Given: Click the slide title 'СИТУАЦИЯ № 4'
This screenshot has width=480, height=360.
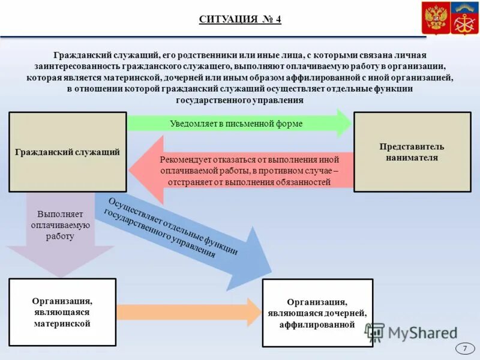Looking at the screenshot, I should click(x=240, y=19).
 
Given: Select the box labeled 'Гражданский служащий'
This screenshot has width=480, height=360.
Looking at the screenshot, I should click(x=67, y=152).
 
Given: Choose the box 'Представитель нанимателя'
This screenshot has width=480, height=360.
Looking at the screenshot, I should click(x=412, y=152).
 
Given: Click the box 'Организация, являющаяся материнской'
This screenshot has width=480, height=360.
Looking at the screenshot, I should click(x=62, y=312).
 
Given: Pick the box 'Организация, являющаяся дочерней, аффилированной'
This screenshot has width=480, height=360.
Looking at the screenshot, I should click(x=317, y=313).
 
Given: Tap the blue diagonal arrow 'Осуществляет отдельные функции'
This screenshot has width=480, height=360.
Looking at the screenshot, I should click(x=180, y=237).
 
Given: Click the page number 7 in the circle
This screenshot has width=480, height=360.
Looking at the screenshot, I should click(x=464, y=349).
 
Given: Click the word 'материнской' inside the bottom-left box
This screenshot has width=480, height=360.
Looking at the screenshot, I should click(x=62, y=323).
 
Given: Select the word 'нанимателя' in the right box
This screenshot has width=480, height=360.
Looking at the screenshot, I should click(x=412, y=158).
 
